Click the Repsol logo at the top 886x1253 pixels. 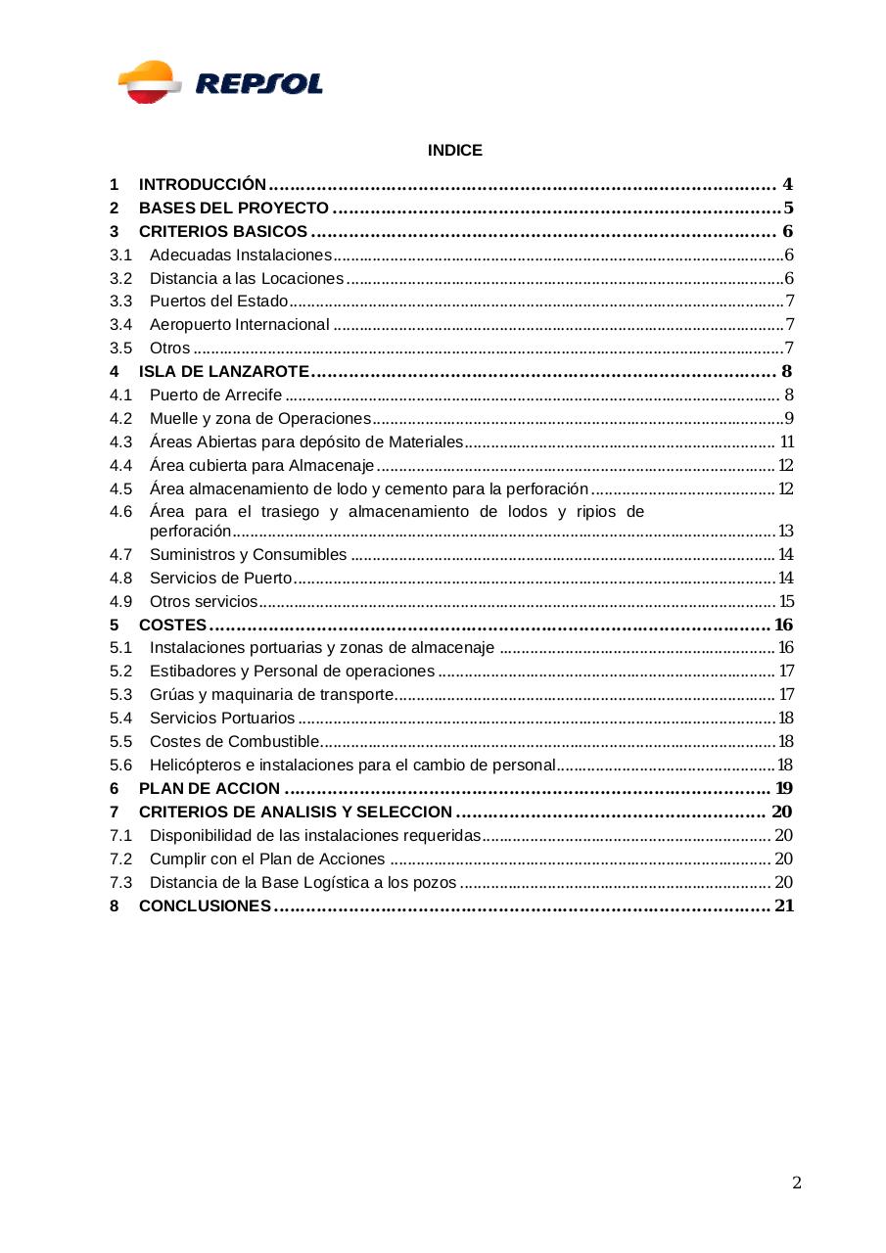pos(220,82)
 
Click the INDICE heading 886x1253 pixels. pos(454,151)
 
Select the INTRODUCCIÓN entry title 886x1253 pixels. pos(203,184)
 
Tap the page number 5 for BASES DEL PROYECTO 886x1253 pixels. pos(788,208)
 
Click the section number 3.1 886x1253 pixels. pos(120,255)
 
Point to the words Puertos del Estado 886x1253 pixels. pos(218,302)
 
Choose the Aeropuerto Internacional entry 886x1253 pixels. pos(239,325)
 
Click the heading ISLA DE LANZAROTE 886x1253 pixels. pos(224,372)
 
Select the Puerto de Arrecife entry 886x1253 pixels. pos(215,395)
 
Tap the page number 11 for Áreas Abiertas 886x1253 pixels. pos(786,442)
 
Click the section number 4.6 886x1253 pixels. pos(120,512)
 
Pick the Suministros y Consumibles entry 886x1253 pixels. pos(248,555)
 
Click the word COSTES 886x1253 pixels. pos(172,626)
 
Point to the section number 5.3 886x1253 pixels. pos(120,695)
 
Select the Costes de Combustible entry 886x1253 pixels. pos(234,742)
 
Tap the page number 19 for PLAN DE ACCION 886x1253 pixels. pos(783,789)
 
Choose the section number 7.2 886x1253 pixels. pos(120,859)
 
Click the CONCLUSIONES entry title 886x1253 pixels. pos(205,906)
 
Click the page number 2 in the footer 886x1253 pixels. pos(797,1183)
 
